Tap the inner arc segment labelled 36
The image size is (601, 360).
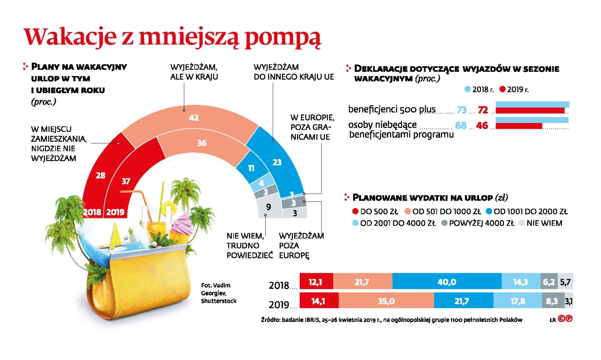[x=202, y=143]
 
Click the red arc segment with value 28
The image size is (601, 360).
[x=101, y=176]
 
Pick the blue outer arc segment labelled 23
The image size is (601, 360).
[x=277, y=162]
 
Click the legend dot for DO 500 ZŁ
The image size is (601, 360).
[x=355, y=211]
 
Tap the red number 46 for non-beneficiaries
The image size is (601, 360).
[x=483, y=126]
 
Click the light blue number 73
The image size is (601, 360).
[x=461, y=110]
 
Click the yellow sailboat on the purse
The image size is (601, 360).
[x=115, y=238]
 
